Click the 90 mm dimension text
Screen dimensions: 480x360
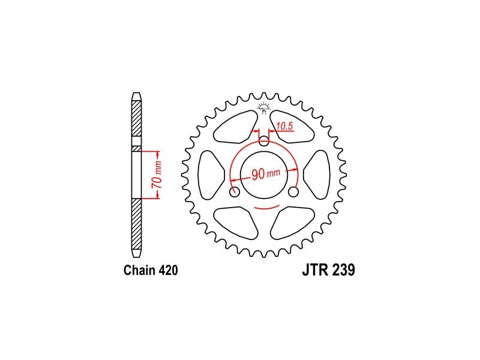266,174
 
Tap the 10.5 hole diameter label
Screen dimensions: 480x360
284,126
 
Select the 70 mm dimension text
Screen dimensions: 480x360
157,175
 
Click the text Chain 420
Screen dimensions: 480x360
151,271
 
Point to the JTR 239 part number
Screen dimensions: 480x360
328,270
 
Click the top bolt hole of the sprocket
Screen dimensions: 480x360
264,141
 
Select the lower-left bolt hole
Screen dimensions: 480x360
235,192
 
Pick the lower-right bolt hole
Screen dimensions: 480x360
293,192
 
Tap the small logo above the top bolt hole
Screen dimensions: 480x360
264,107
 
